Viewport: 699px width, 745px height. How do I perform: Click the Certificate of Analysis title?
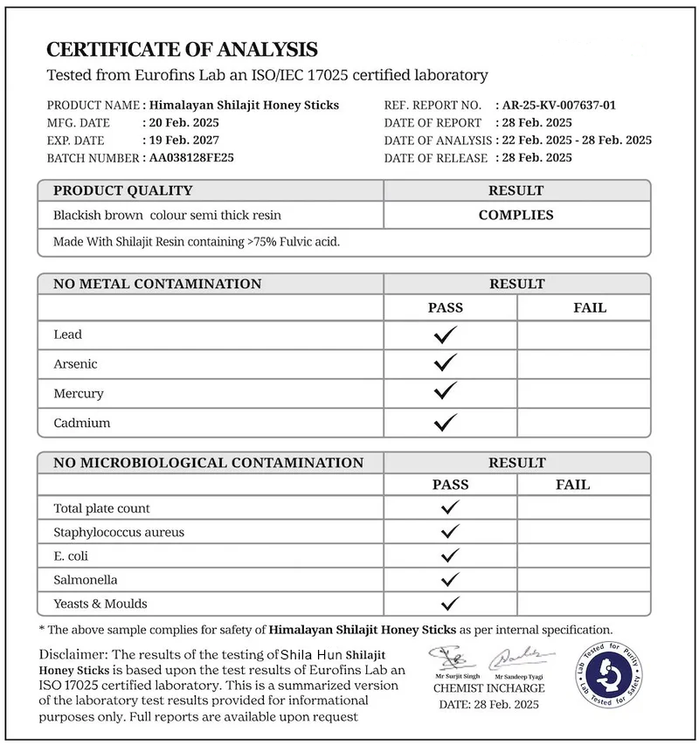point(182,49)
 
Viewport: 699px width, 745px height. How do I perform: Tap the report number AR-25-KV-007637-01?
point(560,105)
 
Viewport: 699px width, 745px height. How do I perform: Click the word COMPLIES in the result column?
point(516,215)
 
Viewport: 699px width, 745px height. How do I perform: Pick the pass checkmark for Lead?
point(446,335)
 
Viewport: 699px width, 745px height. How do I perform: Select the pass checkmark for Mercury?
point(446,393)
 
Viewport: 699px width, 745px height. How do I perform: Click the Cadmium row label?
point(81,423)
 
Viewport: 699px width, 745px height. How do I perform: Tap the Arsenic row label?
point(75,364)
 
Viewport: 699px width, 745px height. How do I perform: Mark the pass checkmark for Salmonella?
point(450,580)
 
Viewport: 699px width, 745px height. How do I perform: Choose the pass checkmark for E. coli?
point(450,555)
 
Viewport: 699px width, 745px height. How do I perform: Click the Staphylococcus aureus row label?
point(119,532)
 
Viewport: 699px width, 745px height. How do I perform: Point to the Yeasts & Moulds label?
point(100,604)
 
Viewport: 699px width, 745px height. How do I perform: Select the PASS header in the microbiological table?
point(450,485)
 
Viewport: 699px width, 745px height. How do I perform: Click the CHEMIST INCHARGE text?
point(489,688)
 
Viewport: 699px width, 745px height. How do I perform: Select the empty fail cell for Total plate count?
point(584,508)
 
